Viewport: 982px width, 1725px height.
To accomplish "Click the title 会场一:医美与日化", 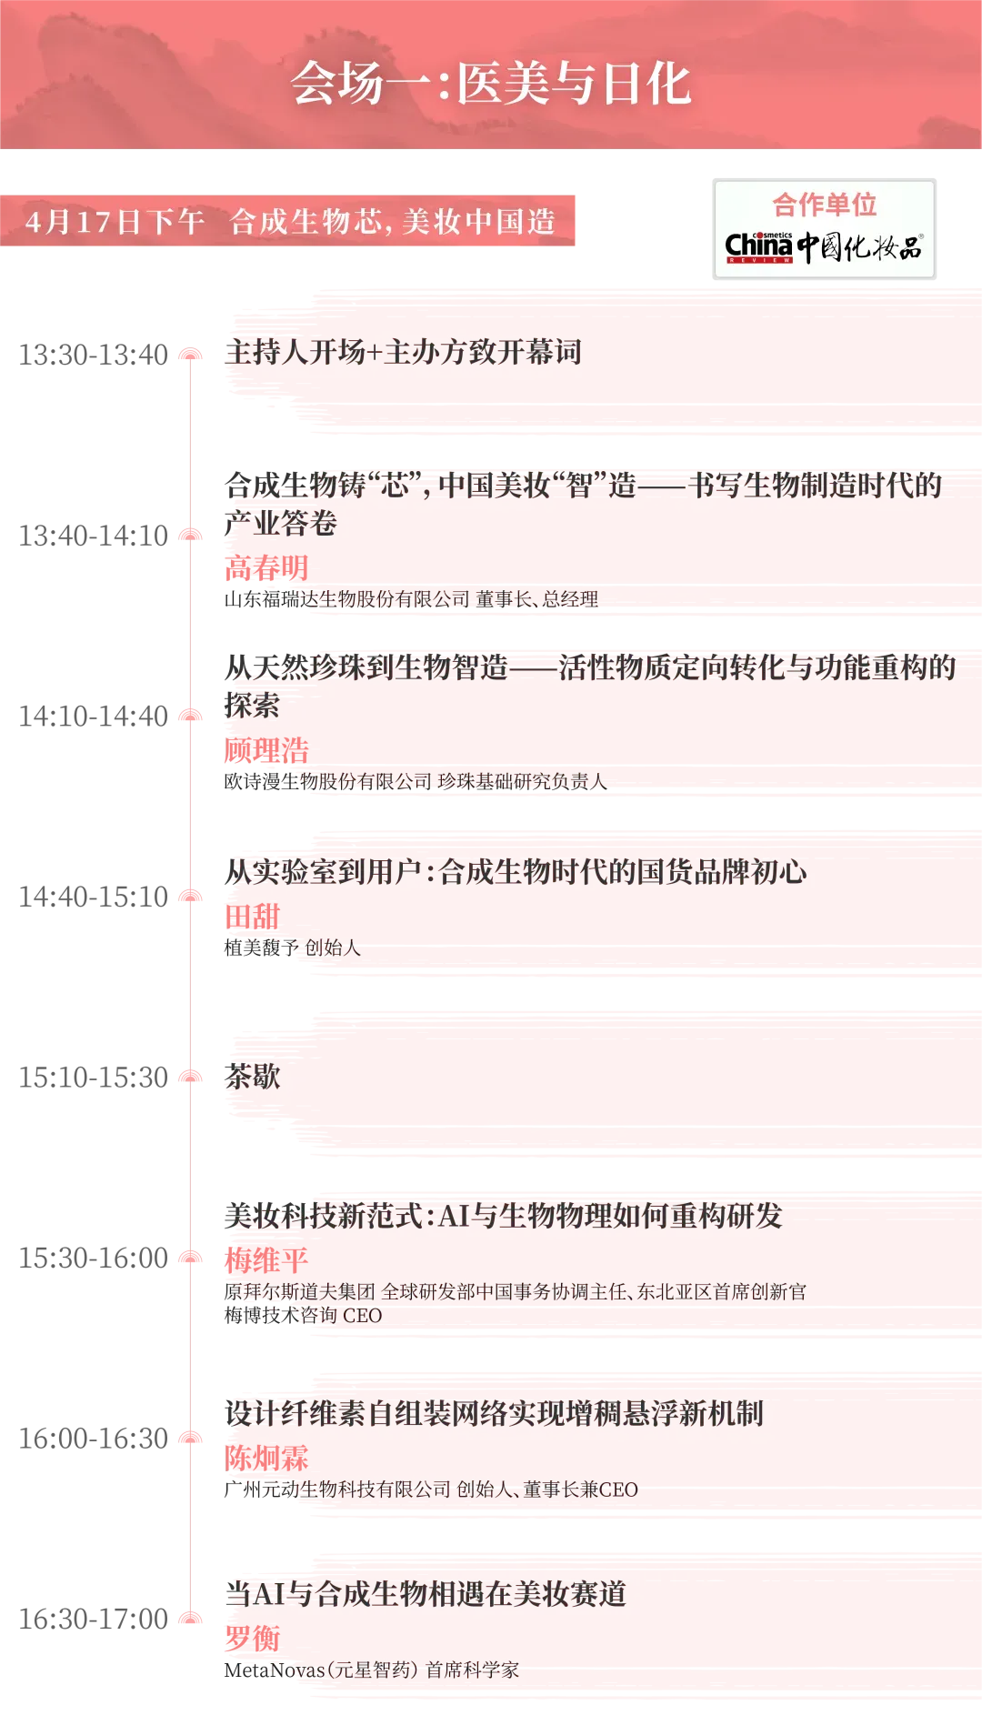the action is (491, 84).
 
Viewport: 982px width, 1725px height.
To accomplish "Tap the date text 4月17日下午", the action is (115, 222).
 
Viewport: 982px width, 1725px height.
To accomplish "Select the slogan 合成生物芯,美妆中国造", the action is (392, 222).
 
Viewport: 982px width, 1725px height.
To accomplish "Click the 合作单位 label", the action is (824, 205).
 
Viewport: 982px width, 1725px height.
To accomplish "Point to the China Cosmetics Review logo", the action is (823, 246).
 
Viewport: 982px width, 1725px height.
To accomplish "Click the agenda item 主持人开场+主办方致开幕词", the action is (403, 352).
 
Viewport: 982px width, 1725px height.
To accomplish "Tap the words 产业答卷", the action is (281, 523).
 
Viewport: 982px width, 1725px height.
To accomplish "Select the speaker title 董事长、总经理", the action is (536, 599).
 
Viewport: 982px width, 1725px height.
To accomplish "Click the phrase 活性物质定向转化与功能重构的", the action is (757, 667).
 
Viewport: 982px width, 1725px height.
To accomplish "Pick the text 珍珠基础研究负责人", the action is (522, 781).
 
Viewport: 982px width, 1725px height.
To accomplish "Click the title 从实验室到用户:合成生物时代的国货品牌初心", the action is (516, 872).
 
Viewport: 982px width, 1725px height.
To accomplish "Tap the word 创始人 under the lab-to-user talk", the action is (333, 948).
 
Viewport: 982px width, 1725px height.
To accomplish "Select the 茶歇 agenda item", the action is (253, 1077).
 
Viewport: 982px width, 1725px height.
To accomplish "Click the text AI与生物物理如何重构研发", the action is (610, 1216).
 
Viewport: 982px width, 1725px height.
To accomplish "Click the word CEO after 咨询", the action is (362, 1315).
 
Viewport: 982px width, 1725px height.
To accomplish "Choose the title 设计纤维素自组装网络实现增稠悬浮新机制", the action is (495, 1413).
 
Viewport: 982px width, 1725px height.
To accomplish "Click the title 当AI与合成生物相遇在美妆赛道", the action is (426, 1593).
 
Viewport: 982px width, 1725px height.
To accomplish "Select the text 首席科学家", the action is (472, 1670).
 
